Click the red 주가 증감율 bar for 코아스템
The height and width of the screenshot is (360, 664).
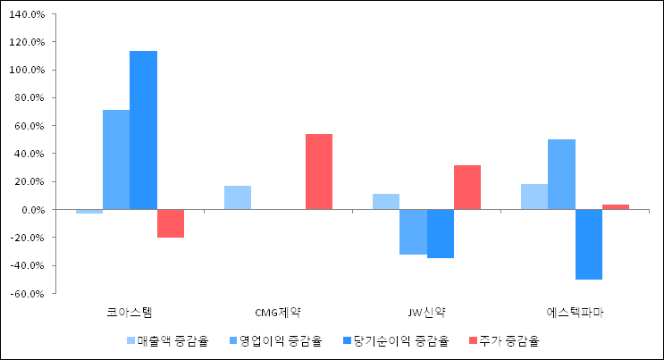coord(170,223)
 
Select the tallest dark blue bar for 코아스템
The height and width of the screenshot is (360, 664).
coord(143,130)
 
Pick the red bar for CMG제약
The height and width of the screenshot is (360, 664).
coord(319,172)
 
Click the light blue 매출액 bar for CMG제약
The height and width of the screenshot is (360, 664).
coord(238,197)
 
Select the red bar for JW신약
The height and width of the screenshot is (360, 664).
coord(467,188)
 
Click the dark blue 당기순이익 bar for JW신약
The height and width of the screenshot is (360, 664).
coord(441,234)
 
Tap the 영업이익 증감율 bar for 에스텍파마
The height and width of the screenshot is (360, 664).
coord(561,174)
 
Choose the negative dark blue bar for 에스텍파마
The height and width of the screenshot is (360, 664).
coord(589,245)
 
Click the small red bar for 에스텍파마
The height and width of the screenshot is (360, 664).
coord(616,207)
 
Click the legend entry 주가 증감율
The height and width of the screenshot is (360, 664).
coord(504,340)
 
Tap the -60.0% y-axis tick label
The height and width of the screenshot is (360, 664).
coord(29,294)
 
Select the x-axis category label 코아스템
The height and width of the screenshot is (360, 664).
coord(130,313)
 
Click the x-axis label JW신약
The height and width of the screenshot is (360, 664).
coord(426,313)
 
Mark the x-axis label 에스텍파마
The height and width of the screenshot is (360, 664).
coord(575,313)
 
